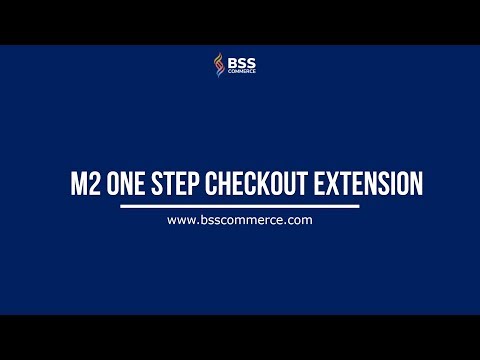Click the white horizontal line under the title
click(x=240, y=206)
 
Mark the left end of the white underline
click(x=121, y=206)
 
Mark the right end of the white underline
click(x=358, y=206)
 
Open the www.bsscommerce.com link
click(x=240, y=219)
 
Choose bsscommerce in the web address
click(x=240, y=219)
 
